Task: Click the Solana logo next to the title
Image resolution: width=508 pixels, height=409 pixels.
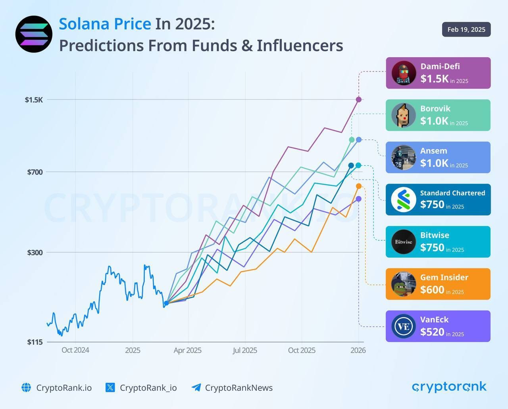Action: (34, 34)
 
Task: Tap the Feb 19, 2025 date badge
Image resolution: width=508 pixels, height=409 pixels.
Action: (466, 29)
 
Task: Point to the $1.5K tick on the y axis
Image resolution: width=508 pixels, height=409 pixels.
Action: (34, 100)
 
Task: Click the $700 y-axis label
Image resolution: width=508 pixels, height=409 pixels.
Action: (35, 172)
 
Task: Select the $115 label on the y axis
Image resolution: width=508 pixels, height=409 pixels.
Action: (35, 342)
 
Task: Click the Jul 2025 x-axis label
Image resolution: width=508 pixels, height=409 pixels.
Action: (245, 350)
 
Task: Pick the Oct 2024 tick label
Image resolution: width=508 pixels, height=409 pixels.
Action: (75, 350)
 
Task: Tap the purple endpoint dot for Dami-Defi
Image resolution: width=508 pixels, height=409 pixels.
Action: (358, 100)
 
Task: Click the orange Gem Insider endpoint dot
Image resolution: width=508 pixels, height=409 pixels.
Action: (359, 186)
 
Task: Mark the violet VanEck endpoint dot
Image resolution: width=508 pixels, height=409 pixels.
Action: (359, 199)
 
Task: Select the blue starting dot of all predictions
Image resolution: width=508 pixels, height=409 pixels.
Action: (166, 303)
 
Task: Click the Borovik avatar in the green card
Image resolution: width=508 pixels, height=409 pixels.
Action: (403, 115)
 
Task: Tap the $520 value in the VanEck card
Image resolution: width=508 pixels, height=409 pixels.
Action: (432, 332)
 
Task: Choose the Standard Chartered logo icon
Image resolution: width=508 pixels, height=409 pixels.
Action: (403, 200)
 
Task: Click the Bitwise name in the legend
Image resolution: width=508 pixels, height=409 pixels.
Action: (435, 235)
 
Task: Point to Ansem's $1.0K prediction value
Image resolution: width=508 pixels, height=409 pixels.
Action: (434, 163)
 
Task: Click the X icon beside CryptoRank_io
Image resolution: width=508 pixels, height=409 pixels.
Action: (110, 388)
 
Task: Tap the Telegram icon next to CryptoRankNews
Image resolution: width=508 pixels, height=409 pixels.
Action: (196, 388)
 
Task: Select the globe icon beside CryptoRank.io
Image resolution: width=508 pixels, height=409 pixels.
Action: (26, 388)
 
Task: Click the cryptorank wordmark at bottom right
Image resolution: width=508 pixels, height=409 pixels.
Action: (449, 387)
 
